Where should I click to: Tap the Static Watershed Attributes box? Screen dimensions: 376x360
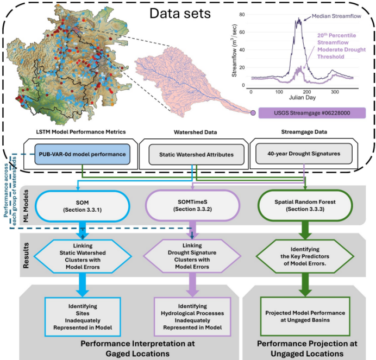click(x=192, y=154)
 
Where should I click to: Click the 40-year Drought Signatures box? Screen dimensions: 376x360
click(x=304, y=154)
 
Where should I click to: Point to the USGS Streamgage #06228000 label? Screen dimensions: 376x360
click(x=311, y=113)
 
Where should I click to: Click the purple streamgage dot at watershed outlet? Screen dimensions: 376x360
click(x=253, y=113)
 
